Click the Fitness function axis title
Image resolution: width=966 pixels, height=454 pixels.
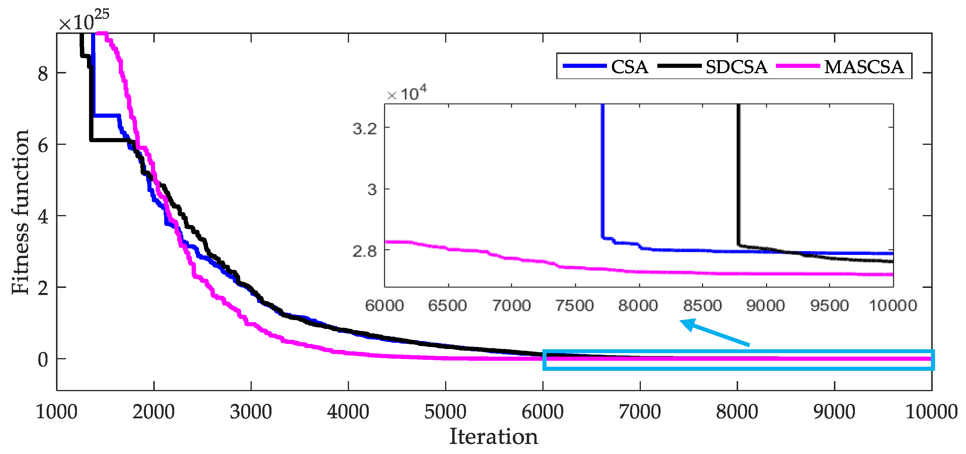(20, 212)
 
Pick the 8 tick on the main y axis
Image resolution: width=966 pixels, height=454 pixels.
(43, 73)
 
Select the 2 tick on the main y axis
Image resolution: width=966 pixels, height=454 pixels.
(43, 288)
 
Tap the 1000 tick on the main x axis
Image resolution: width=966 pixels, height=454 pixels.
(56, 412)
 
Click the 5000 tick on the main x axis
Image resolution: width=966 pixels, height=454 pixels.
(445, 412)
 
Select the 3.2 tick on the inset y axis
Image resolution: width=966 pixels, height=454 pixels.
(365, 129)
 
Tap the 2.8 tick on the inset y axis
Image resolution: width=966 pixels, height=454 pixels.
(365, 251)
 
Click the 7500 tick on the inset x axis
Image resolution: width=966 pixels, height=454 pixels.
(575, 305)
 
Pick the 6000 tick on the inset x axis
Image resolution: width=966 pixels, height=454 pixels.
(384, 305)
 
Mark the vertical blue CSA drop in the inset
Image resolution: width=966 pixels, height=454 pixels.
(602, 169)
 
